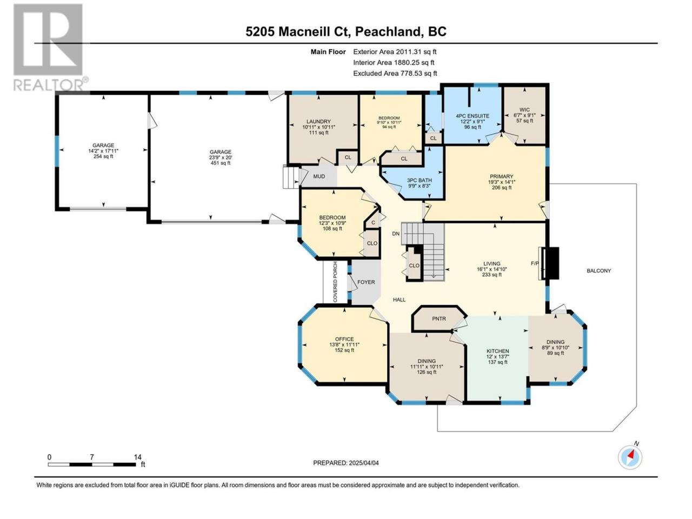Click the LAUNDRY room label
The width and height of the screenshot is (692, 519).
tap(318, 121)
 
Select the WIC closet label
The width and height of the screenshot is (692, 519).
tap(524, 110)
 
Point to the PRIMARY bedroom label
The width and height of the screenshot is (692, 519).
tap(501, 176)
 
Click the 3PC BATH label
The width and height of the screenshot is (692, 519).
tap(419, 180)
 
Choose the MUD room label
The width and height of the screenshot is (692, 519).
tap(319, 176)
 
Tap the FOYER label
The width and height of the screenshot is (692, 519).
tap(365, 282)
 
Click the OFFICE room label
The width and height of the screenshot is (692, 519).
tap(344, 339)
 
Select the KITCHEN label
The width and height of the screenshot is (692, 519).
tap(497, 351)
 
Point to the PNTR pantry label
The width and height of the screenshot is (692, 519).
tap(439, 318)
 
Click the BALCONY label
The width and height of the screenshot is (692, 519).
tap(598, 270)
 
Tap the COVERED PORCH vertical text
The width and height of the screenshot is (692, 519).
tap(335, 282)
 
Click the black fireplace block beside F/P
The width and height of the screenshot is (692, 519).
tap(553, 263)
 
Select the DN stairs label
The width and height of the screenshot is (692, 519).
tap(396, 234)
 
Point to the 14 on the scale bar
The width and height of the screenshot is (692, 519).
tap(137, 457)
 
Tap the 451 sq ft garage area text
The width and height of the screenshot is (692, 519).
tap(221, 163)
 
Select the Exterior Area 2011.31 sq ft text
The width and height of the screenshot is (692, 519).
tap(395, 52)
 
